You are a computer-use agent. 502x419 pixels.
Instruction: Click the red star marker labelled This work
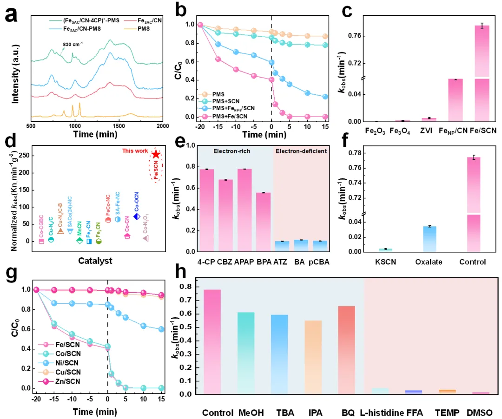[x=156, y=154]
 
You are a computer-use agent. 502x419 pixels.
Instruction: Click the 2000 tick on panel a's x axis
[x=162, y=126]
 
